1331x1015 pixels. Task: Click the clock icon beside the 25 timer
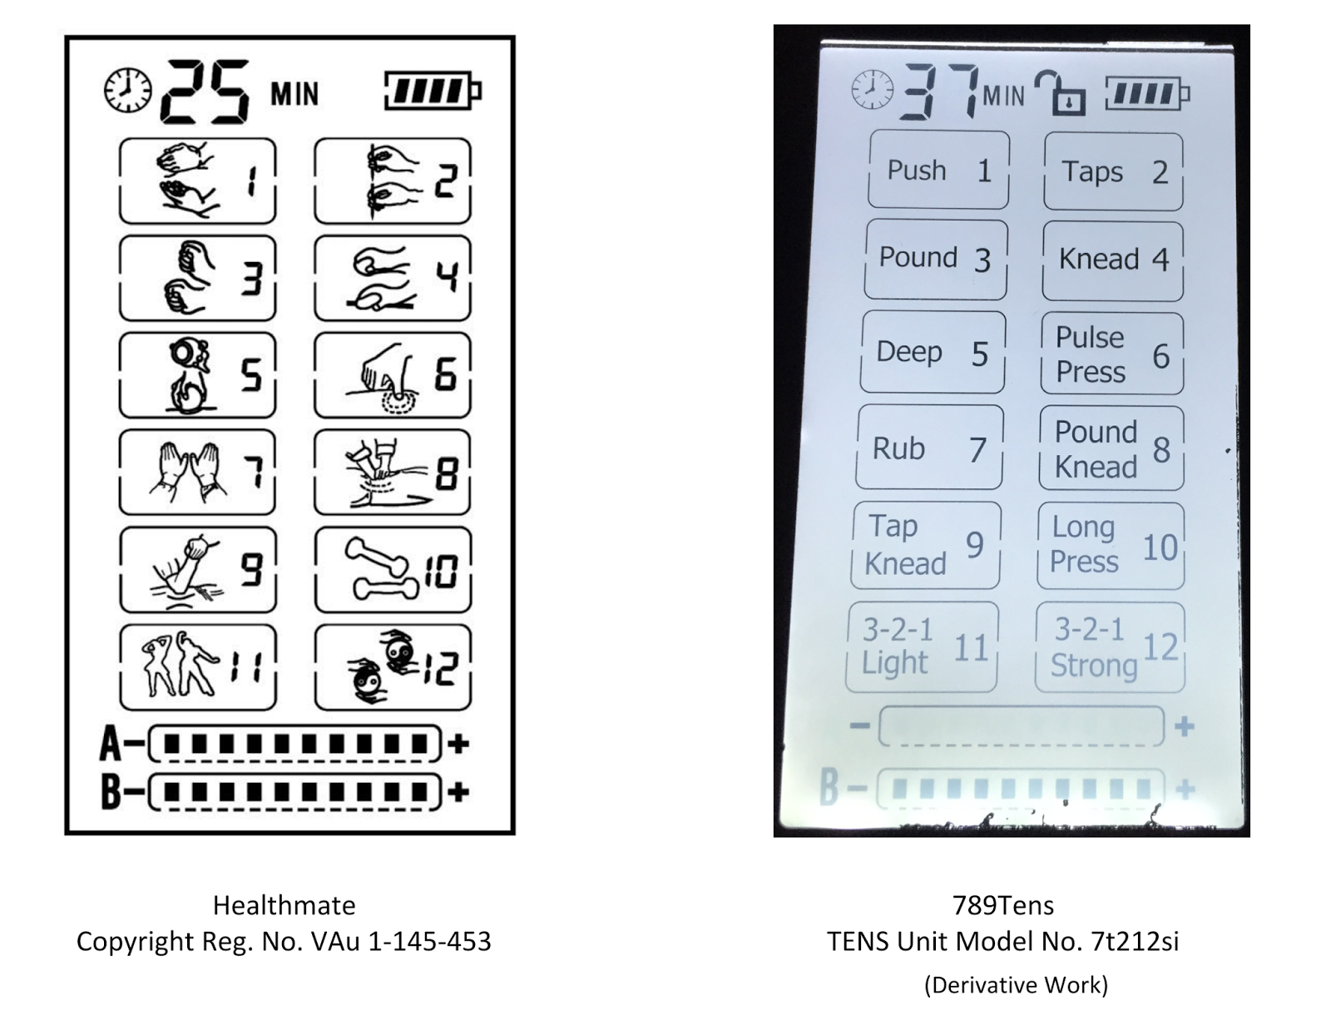tap(127, 91)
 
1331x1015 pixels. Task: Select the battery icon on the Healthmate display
tap(433, 92)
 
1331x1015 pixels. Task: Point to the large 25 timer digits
tap(205, 92)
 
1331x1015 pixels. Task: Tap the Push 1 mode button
tap(938, 171)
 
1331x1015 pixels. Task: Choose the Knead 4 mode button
tap(1113, 260)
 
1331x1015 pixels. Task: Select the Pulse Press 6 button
tap(1112, 354)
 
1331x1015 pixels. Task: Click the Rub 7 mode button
tap(929, 448)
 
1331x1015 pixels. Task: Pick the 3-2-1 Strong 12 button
tap(1110, 647)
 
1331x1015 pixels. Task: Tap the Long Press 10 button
tap(1111, 546)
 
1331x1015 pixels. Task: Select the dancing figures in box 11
tap(181, 665)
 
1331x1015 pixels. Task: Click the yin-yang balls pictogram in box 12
tap(381, 667)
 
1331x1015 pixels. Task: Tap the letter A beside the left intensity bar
tap(111, 743)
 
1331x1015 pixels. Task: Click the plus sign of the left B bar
tap(458, 791)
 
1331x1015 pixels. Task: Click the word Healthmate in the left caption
tap(284, 905)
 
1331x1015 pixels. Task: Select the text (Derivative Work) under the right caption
tap(1017, 985)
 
